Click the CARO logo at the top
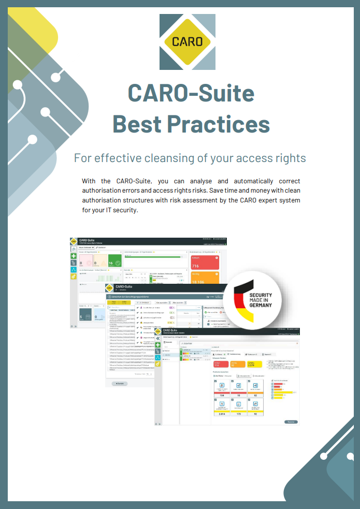pos(187,42)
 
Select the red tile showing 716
pos(205,262)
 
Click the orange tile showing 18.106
pos(205,279)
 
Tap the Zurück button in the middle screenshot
pos(120,384)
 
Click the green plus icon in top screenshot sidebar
pos(74,255)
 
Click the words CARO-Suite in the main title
pos(191,93)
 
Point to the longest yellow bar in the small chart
pos(282,392)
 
